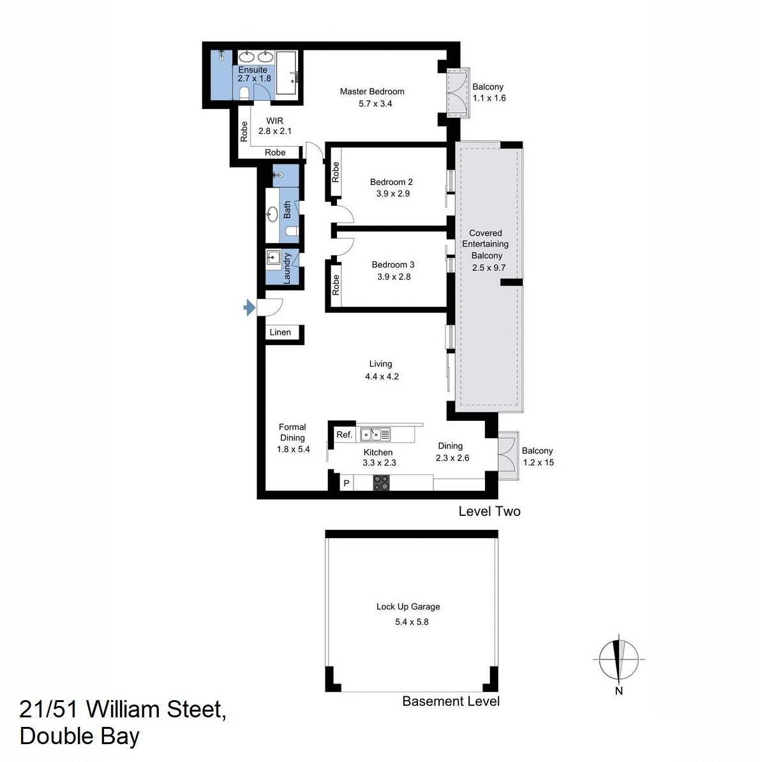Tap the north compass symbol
(x=618, y=660)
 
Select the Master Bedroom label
(x=372, y=91)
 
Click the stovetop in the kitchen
(x=381, y=483)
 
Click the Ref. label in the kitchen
(x=344, y=434)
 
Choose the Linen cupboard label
(x=280, y=332)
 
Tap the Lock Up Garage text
(x=408, y=606)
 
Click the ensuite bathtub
(x=286, y=73)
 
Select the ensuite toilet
(x=244, y=94)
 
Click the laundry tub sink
(x=274, y=258)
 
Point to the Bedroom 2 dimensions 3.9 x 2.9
(x=392, y=193)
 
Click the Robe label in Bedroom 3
(x=336, y=284)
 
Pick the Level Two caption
(x=489, y=511)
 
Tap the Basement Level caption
(x=451, y=701)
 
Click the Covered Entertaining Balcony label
(x=486, y=244)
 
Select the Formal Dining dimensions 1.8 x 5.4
(x=293, y=449)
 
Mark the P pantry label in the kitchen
(x=346, y=483)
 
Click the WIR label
(x=275, y=121)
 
